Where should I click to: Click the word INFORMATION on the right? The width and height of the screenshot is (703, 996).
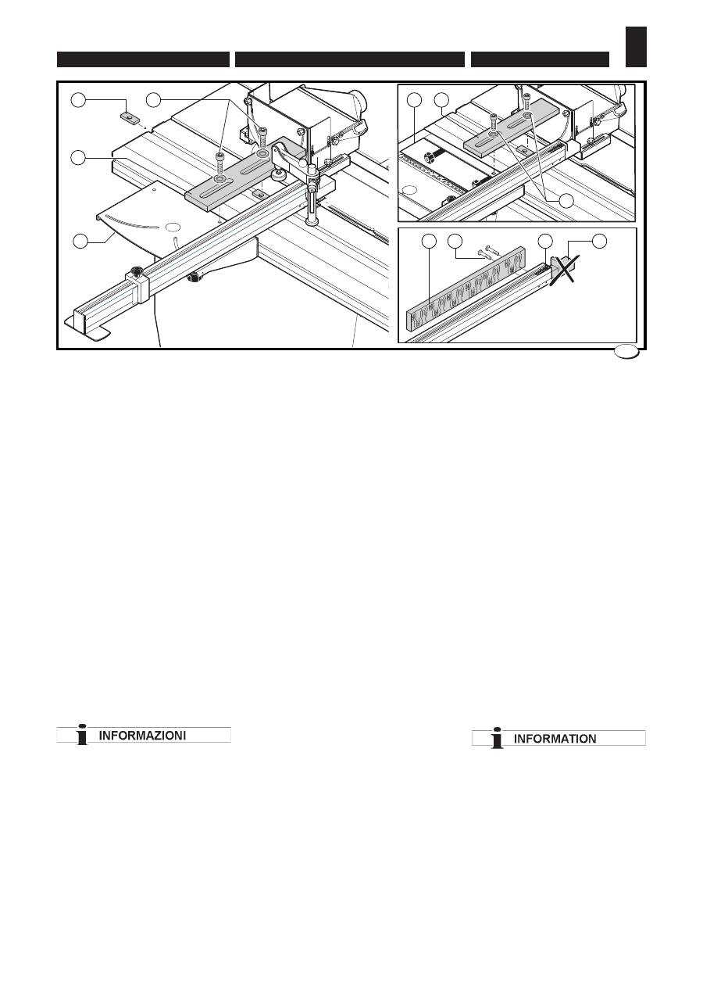[x=555, y=738]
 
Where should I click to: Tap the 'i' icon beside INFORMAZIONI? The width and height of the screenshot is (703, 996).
[x=80, y=735]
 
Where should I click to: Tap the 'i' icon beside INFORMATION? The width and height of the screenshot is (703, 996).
[x=495, y=738]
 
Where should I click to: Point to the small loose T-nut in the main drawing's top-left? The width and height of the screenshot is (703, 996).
[x=130, y=118]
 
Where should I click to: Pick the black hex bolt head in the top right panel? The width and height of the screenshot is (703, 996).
[x=429, y=157]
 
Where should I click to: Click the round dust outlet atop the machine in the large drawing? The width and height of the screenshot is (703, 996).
[x=358, y=103]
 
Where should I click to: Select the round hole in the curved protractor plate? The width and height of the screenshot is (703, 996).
[x=173, y=226]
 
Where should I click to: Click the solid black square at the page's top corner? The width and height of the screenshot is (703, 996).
[x=637, y=46]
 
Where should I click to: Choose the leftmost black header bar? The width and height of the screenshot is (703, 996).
[x=143, y=59]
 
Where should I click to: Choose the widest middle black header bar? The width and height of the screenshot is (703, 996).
[x=349, y=59]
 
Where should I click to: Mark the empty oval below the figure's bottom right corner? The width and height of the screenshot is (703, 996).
[x=626, y=353]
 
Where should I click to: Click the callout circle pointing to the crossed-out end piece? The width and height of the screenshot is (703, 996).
[x=599, y=242]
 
